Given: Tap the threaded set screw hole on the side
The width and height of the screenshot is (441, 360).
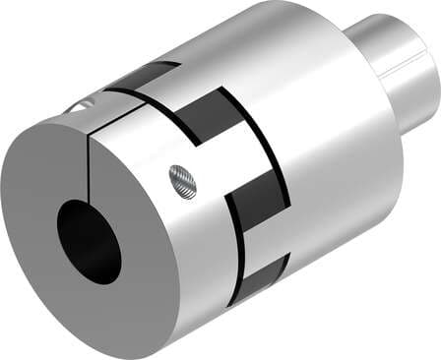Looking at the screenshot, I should [x=183, y=178].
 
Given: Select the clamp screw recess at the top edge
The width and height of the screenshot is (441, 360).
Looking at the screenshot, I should [x=79, y=105].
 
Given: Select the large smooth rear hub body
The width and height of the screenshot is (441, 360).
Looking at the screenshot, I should [x=325, y=118].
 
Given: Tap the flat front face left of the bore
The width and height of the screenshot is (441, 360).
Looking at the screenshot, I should [x=39, y=226].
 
